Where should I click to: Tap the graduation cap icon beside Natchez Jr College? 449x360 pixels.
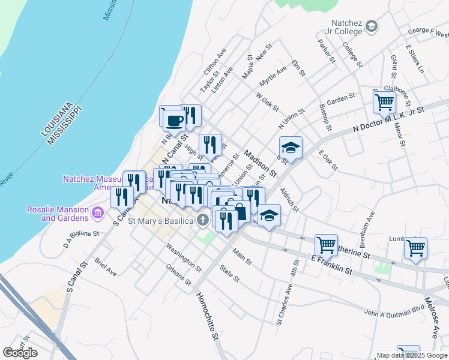(x=372, y=26)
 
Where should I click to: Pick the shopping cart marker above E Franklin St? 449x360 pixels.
(x=326, y=244)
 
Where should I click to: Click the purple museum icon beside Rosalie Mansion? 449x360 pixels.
(x=97, y=212)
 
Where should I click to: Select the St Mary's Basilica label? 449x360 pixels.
(x=161, y=221)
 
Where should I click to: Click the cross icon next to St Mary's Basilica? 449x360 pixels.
(x=203, y=220)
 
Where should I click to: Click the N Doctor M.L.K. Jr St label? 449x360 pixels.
(x=389, y=119)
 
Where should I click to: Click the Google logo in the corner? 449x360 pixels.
(x=20, y=353)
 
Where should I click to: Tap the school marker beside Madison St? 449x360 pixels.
(x=291, y=148)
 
